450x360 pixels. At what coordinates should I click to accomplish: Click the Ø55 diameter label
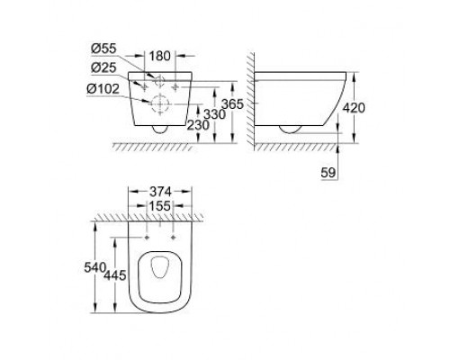coord(103,49)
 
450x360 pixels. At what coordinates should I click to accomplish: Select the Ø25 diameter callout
coord(103,68)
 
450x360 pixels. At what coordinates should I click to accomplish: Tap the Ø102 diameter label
coord(103,89)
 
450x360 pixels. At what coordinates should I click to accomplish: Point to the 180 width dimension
coord(159,56)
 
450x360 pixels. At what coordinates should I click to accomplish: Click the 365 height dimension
coord(232,104)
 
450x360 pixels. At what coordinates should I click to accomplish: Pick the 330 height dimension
coord(214,114)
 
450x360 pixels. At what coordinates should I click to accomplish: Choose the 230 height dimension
coord(198,125)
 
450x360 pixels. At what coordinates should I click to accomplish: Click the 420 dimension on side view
coord(354,108)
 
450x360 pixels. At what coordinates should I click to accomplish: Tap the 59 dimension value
coord(328,173)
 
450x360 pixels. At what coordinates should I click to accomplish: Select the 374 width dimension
coord(160,191)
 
